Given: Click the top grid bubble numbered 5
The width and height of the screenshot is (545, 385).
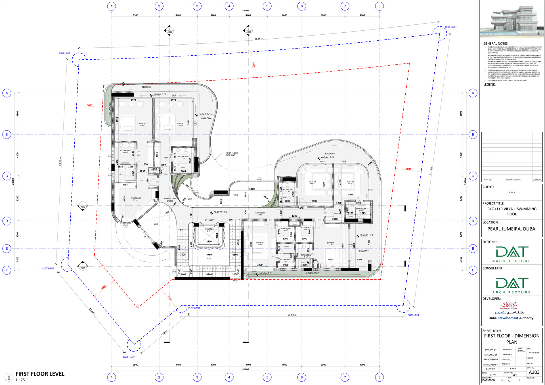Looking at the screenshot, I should (x=267, y=6).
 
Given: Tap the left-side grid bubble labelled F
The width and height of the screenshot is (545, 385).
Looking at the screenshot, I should (x=7, y=270).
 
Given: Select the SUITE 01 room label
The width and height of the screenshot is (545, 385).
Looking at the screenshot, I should (x=142, y=124).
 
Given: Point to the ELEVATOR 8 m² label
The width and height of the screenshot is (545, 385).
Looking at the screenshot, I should (x=209, y=230).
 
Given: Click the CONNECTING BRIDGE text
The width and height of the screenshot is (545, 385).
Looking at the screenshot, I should (x=170, y=200).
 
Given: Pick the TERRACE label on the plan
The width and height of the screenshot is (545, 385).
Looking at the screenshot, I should (x=146, y=87).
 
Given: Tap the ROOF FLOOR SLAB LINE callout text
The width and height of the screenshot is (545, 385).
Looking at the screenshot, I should (x=232, y=154).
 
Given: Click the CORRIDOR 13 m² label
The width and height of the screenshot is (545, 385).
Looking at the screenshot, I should (x=260, y=214).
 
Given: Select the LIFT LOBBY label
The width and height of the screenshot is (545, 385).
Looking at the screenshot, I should (x=210, y=220).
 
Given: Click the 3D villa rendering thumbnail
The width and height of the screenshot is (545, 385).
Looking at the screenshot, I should (x=512, y=21).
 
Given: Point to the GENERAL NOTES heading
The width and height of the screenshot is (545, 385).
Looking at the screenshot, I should (x=496, y=43).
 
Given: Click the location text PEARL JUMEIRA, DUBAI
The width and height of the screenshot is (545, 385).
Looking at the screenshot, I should (x=512, y=229).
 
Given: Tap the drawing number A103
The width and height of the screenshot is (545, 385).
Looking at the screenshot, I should (x=534, y=372).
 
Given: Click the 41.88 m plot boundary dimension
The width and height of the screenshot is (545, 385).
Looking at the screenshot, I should (x=259, y=39).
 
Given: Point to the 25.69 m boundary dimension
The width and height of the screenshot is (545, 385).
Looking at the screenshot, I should (x=292, y=315).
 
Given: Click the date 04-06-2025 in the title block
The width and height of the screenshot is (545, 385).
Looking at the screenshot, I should (x=534, y=353).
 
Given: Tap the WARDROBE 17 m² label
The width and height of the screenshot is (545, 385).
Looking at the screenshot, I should (x=136, y=199).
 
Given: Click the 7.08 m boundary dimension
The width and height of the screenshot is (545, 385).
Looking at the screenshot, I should (x=164, y=333).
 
